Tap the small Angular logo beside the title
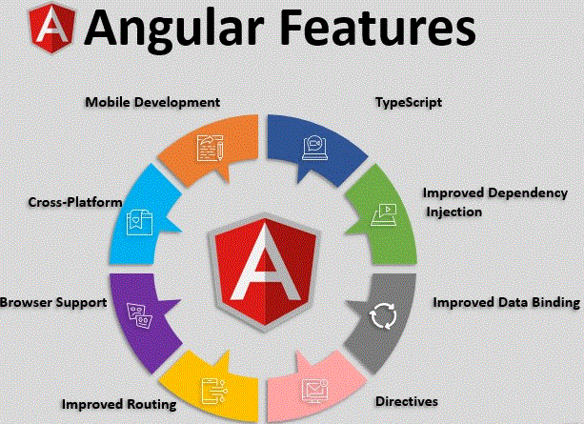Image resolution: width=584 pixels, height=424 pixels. coord(52,29)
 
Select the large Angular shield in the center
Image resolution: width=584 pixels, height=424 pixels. coord(265,272)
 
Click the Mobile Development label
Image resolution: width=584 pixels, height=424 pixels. coord(152,103)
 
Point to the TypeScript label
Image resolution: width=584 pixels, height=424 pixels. coord(409,103)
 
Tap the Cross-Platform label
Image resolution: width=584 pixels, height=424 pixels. coord(75,202)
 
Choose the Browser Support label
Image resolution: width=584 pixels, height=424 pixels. coord(53,303)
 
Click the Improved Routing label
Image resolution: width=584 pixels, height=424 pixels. coord(119,405)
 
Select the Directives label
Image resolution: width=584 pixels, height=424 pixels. coord(407,402)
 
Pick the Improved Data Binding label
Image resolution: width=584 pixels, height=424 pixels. coord(507,303)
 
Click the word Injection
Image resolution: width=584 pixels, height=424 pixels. coord(454,212)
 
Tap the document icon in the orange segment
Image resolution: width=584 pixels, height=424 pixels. coord(210,149)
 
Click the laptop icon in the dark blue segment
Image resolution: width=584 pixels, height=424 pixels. coord(314,148)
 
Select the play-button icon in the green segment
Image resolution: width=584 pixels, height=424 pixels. coord(384,214)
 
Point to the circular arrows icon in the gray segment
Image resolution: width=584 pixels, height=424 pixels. coord(383,316)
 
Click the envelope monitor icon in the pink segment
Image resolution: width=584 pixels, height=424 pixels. coord(314,391)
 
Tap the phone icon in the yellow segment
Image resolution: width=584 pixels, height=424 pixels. coord(213,391)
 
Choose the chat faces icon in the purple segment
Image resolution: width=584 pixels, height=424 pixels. coord(140,316)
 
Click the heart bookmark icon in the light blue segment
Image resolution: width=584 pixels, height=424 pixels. coord(140,222)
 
